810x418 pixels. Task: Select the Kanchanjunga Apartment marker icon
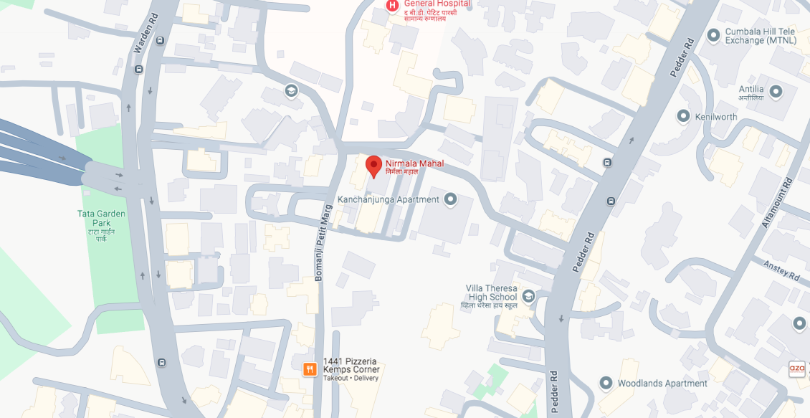coord(450,199)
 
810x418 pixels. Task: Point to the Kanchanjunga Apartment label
coord(388,199)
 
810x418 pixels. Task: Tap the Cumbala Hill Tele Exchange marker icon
coord(713,35)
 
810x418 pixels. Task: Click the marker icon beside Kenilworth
coord(682,116)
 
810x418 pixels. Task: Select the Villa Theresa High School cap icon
coord(528,295)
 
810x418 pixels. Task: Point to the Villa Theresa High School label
coord(492,293)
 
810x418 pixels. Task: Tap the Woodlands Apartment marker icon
coord(606,383)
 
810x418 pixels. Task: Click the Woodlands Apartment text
coord(662,384)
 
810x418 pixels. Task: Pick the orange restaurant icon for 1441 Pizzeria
coord(310,369)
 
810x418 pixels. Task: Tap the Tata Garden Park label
coord(101,225)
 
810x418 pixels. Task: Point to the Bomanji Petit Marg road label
coord(320,244)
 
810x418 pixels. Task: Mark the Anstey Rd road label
coord(781,270)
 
